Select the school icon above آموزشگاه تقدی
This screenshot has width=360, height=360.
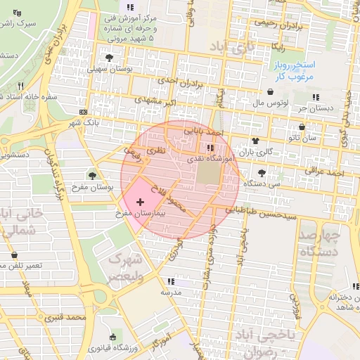pyautogui.click(x=210, y=148)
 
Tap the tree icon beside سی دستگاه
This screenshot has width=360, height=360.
pyautogui.click(x=262, y=172)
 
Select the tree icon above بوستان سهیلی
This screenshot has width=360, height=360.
pyautogui.click(x=108, y=58)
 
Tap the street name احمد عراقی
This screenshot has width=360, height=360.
pyautogui.click(x=324, y=172)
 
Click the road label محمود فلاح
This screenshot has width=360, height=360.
pyautogui.click(x=171, y=199)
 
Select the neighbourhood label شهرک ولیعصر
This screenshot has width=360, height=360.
pyautogui.click(x=125, y=267)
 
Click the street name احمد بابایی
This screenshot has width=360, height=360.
pyautogui.click(x=202, y=131)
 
